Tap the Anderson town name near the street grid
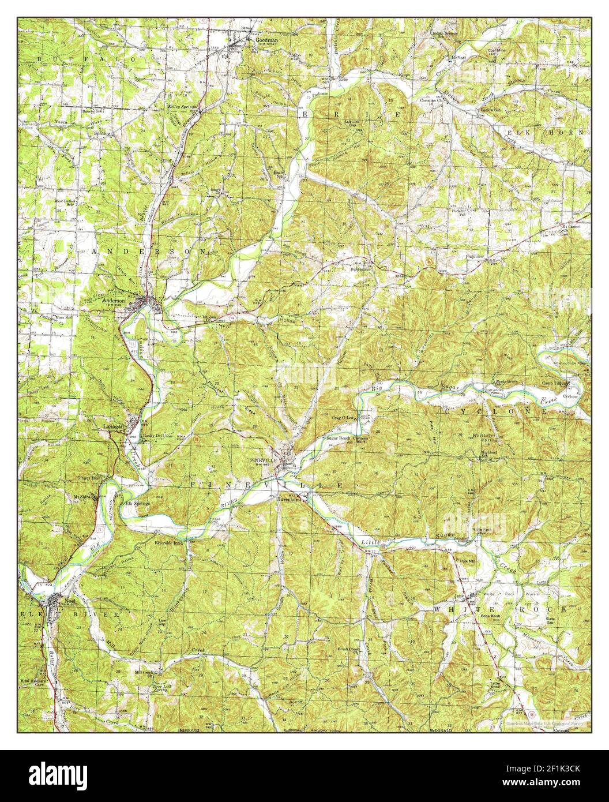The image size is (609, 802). coord(114,301)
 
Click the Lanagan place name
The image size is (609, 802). coord(113,426)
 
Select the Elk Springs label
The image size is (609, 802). coord(138,503)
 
